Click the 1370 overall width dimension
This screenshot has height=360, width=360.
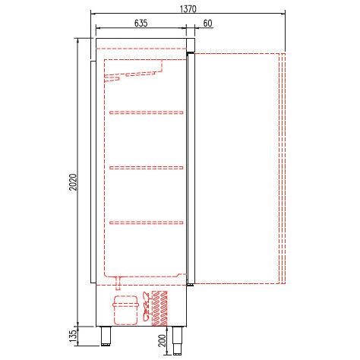pyautogui.click(x=188, y=9)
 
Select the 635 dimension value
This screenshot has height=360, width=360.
pyautogui.click(x=141, y=23)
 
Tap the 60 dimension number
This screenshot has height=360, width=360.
pyautogui.click(x=207, y=24)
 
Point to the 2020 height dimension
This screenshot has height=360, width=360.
pyautogui.click(x=73, y=182)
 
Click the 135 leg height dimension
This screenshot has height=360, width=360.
pyautogui.click(x=73, y=336)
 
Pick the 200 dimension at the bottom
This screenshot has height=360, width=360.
pyautogui.click(x=163, y=341)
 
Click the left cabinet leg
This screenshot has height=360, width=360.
pyautogui.click(x=106, y=336)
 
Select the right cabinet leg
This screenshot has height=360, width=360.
pyautogui.click(x=178, y=340)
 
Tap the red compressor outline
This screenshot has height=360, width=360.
pyautogui.click(x=126, y=310)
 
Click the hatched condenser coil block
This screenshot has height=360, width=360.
pyautogui.click(x=159, y=308)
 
